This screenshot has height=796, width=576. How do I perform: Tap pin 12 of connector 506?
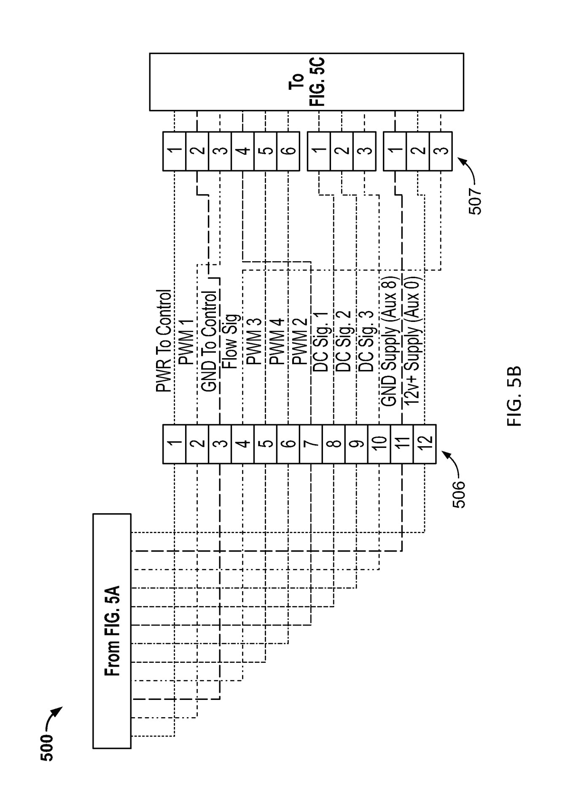coord(425,444)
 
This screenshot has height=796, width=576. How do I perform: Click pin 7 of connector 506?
coord(311,444)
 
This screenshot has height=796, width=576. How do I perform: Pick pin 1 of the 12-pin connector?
coord(174,444)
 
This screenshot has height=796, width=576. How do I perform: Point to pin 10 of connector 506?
coord(379,444)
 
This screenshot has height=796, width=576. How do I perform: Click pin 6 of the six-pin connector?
coord(288,151)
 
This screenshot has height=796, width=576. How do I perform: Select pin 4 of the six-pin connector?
coord(242,151)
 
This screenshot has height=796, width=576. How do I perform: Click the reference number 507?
coord(476,201)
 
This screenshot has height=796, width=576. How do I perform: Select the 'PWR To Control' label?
coord(164,340)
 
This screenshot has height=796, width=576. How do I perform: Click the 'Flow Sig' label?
coord(232,341)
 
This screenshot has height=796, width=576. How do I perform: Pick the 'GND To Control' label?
coord(210,340)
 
